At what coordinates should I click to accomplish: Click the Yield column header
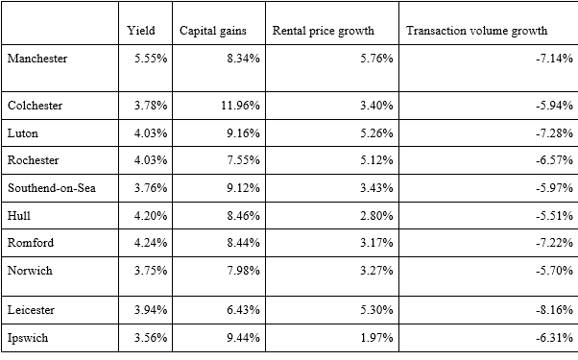141,31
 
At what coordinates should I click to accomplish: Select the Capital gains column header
213,31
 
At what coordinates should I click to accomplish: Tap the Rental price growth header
317,31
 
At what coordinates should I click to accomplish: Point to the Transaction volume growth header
475,31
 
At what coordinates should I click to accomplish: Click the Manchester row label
36,59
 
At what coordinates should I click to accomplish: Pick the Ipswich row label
29,339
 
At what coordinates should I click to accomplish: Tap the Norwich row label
30,270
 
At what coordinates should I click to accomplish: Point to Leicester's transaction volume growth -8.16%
555,309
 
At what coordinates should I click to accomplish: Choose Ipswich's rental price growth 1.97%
375,339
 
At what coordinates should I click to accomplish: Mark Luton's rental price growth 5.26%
375,133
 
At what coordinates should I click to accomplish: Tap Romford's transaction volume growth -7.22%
555,243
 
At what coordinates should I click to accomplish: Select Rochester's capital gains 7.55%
241,160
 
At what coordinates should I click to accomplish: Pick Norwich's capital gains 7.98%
241,270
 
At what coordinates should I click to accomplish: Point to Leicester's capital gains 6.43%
241,309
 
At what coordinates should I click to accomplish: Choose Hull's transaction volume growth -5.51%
555,215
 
